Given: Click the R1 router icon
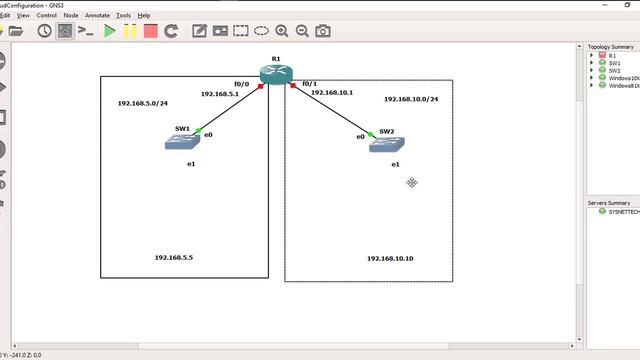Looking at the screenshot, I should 274,74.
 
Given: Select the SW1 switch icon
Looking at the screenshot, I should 183,143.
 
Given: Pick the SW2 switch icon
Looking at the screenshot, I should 386,144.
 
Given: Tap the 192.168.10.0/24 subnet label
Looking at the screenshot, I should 411,100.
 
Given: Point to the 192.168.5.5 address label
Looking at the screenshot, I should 174,257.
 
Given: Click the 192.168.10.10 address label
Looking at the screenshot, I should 390,258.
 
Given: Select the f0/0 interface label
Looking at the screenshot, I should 241,84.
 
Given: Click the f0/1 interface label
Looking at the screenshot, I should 309,84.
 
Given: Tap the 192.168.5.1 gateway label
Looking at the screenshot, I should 220,93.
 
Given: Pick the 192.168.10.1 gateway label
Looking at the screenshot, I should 332,92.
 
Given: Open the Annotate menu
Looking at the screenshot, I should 98,16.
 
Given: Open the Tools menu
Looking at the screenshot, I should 124,16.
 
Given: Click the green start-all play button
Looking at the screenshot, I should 110,31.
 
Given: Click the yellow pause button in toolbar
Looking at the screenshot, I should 130,31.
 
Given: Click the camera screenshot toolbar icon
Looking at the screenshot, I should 322,31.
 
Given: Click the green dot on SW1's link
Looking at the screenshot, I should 199,131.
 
